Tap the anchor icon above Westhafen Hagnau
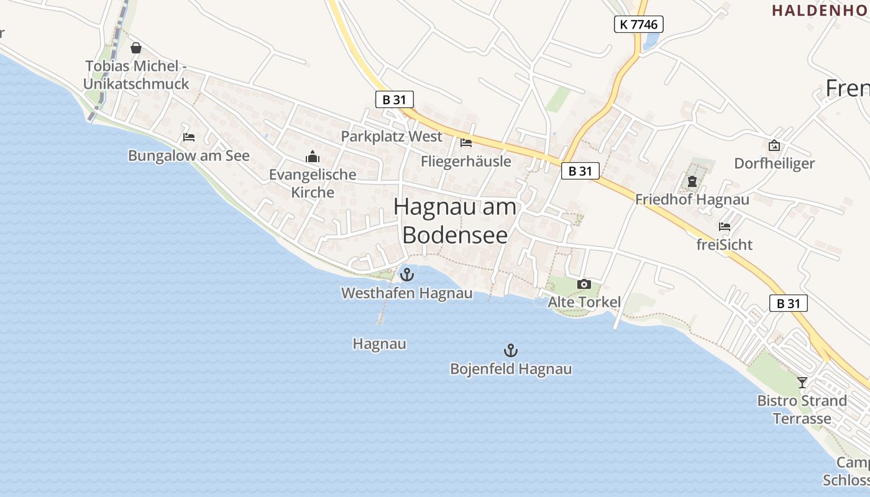407,274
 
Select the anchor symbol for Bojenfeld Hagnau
510,350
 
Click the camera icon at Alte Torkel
584,284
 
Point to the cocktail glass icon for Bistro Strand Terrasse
802,382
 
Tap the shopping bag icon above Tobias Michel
136,48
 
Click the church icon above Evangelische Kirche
312,156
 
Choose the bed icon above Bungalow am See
189,137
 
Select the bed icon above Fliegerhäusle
466,143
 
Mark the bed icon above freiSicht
725,226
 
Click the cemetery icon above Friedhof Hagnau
692,182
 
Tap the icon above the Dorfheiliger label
774,145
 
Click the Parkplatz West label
391,137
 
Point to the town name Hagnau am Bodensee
456,221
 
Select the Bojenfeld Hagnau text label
511,369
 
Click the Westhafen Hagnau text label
407,293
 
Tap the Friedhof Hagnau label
692,200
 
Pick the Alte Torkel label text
584,303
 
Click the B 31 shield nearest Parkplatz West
394,99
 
